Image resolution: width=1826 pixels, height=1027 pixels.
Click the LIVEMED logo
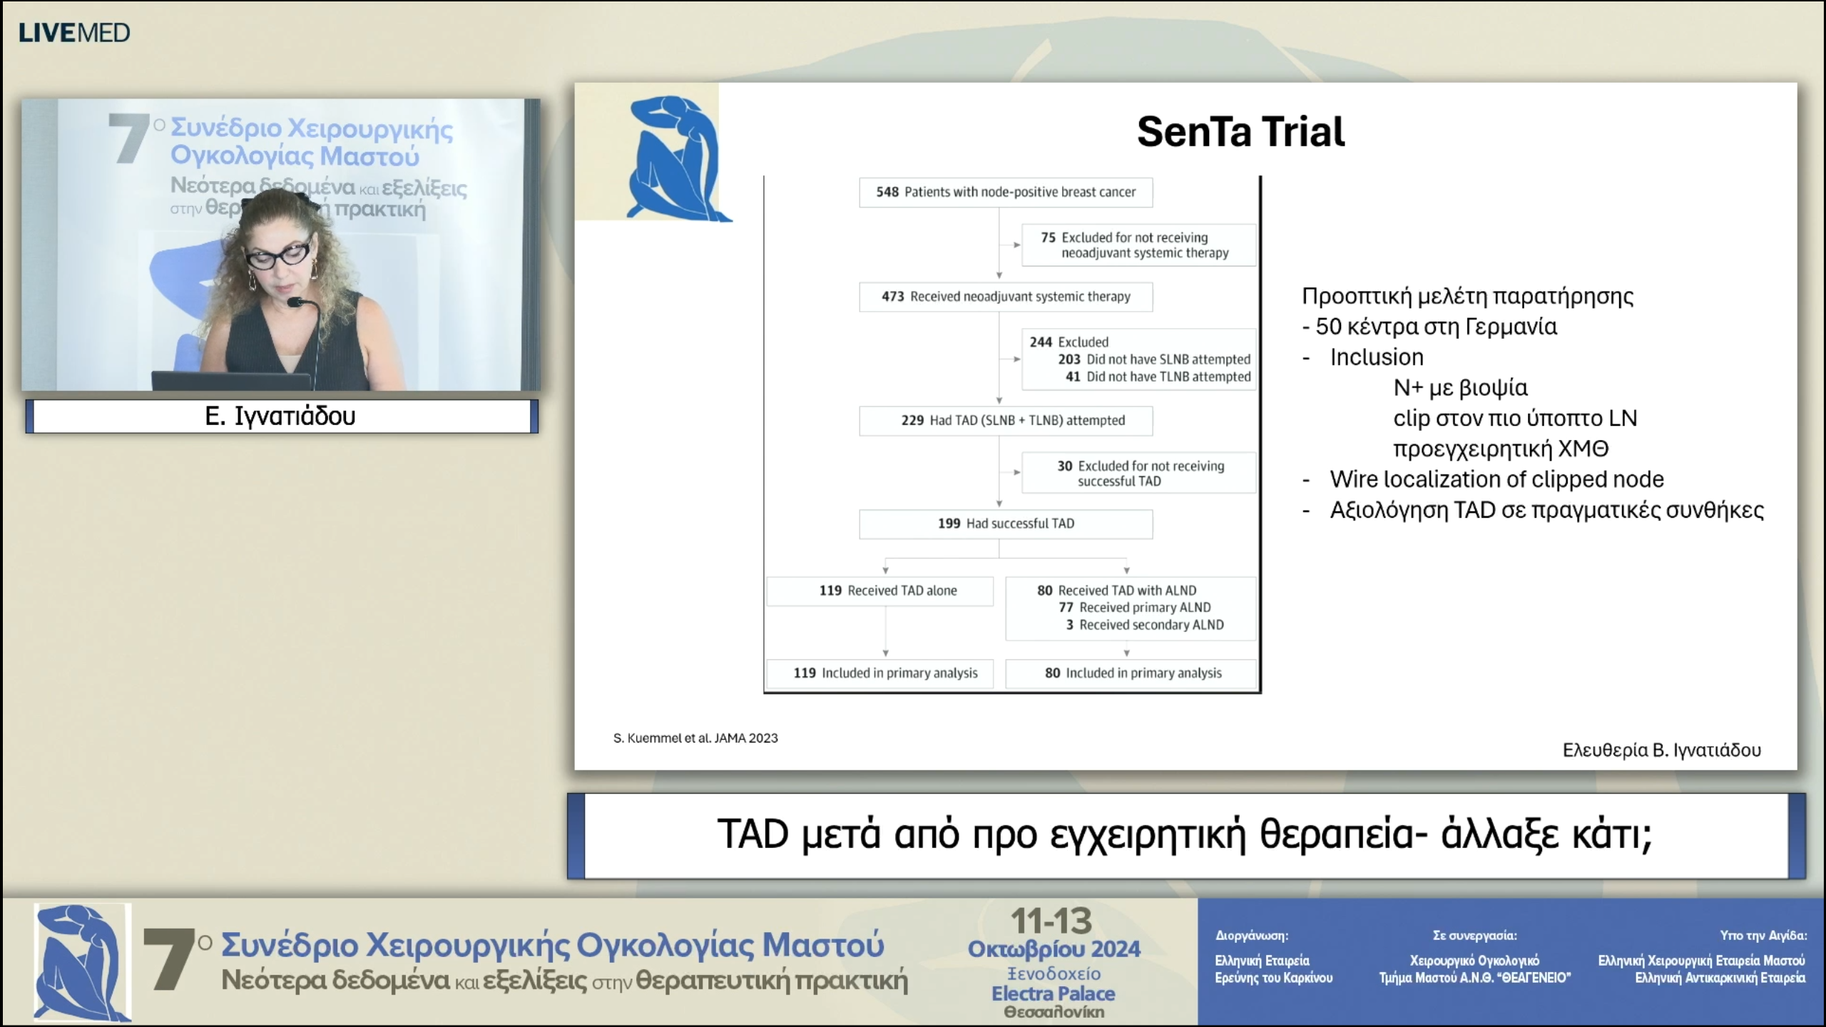(x=74, y=33)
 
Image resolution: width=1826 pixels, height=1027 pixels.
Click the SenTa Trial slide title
(x=1240, y=132)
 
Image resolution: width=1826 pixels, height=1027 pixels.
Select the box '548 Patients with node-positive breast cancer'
(x=1005, y=193)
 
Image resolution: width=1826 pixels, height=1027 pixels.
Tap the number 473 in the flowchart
(x=892, y=297)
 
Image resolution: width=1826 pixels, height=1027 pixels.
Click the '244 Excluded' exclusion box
(x=1138, y=359)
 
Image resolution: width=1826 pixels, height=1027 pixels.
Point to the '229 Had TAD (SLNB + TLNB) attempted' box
(x=1005, y=421)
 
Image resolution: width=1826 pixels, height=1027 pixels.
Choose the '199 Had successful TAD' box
(x=1005, y=523)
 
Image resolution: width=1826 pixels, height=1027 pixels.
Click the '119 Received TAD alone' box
(x=879, y=591)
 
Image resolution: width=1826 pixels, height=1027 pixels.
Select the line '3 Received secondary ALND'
(x=1144, y=625)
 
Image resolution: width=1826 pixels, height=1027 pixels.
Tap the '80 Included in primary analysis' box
(x=1131, y=673)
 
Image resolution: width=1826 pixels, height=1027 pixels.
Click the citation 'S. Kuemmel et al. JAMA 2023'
(x=695, y=738)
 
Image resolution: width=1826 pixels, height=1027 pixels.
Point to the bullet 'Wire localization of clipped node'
(x=1496, y=479)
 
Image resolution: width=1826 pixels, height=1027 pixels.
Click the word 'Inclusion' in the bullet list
(x=1376, y=357)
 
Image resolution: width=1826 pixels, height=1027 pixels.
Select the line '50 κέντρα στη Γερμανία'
(x=1435, y=327)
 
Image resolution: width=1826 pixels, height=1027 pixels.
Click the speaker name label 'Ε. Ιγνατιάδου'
(x=280, y=416)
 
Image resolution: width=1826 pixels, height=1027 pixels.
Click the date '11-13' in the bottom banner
(x=1051, y=921)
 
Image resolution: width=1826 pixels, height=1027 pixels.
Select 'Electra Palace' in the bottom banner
(x=1053, y=993)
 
